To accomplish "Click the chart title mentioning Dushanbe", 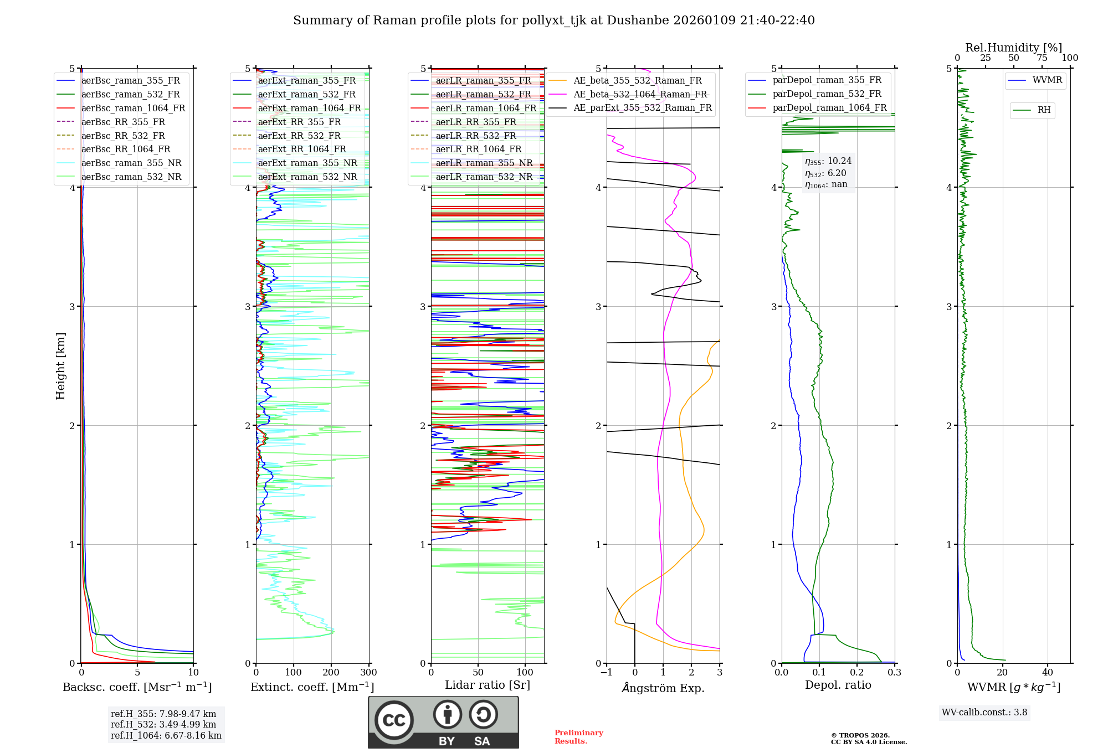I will (553, 20).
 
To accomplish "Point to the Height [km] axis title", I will (60, 366).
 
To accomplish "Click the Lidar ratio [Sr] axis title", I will (488, 685).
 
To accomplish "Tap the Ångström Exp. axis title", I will (663, 688).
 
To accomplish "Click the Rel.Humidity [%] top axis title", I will (1013, 48).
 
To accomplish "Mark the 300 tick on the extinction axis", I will (368, 673).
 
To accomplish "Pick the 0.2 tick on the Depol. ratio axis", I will (857, 673).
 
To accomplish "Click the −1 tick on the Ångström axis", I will (607, 673).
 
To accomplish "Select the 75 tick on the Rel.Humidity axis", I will (1042, 58).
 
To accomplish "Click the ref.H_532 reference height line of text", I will (163, 724).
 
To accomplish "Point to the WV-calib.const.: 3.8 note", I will (984, 713).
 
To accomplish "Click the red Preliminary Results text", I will (578, 737).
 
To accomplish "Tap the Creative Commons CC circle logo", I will (394, 720).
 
